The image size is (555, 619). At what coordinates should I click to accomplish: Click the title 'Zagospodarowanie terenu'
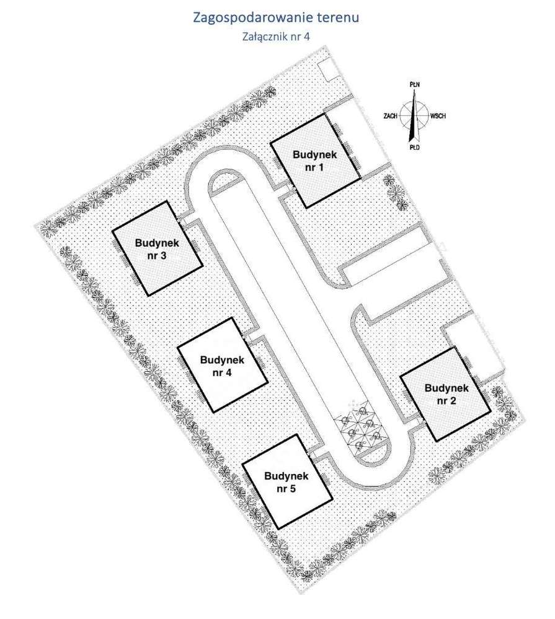click(276, 18)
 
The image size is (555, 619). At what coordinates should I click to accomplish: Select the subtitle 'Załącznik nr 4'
click(276, 37)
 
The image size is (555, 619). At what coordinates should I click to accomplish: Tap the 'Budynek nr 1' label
click(315, 160)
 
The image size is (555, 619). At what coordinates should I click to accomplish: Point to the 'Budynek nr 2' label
click(446, 394)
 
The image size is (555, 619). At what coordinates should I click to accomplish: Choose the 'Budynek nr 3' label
click(157, 249)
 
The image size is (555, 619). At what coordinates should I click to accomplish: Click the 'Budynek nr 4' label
click(222, 366)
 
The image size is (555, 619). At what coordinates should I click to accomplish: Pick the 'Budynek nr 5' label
click(286, 482)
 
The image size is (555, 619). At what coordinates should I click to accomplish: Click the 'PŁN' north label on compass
click(415, 84)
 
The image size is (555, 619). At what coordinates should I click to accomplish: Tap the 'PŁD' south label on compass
click(414, 147)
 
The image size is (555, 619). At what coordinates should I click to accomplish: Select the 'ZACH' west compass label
click(390, 116)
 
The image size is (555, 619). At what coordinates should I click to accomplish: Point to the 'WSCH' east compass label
click(438, 116)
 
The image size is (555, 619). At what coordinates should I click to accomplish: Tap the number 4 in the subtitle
click(306, 37)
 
